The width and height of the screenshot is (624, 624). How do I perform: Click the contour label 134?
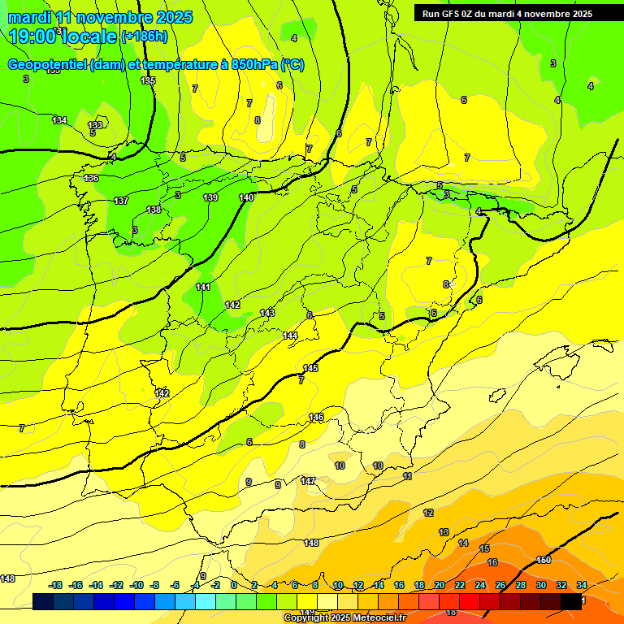(59, 120)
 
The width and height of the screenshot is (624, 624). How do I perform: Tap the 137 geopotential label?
(121, 201)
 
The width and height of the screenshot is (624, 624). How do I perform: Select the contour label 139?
(210, 197)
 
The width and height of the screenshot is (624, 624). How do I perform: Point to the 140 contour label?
(246, 197)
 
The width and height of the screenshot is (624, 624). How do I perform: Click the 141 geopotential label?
(203, 287)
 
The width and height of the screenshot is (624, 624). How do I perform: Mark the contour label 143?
(267, 313)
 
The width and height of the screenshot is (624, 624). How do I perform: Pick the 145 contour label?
(310, 368)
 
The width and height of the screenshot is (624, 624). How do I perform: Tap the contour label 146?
(316, 417)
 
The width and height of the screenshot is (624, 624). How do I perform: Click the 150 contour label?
(544, 560)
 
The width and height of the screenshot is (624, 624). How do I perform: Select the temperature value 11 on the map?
(407, 476)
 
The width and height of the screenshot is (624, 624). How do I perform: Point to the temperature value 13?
(444, 532)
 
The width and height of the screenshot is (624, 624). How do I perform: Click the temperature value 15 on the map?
(484, 549)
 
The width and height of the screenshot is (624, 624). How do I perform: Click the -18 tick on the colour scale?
(56, 585)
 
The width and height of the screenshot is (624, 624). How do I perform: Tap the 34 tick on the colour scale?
(581, 585)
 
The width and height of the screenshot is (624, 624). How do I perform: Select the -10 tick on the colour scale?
(136, 585)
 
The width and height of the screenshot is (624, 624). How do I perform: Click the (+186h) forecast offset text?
(144, 36)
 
